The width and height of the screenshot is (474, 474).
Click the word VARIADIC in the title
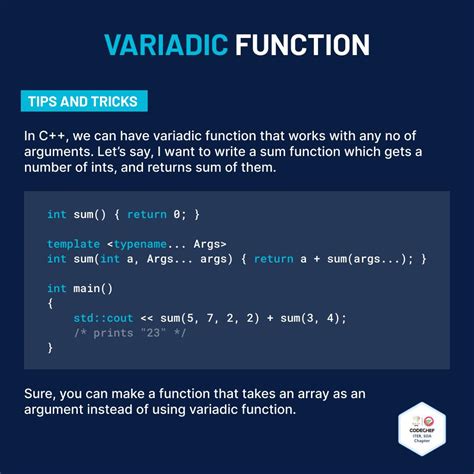pyautogui.click(x=164, y=45)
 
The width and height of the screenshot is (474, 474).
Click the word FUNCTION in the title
pyautogui.click(x=302, y=45)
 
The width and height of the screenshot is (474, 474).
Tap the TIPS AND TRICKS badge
pyautogui.click(x=84, y=102)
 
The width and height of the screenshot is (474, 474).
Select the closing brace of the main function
pyautogui.click(x=50, y=348)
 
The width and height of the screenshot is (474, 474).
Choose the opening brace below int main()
pyautogui.click(x=50, y=303)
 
